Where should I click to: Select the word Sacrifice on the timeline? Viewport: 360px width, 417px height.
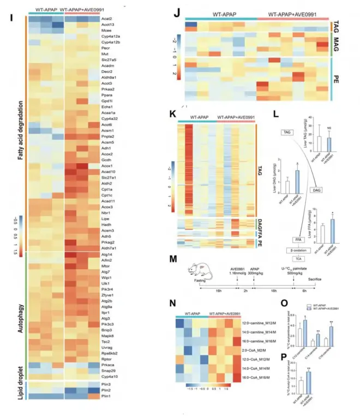point(315,280)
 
